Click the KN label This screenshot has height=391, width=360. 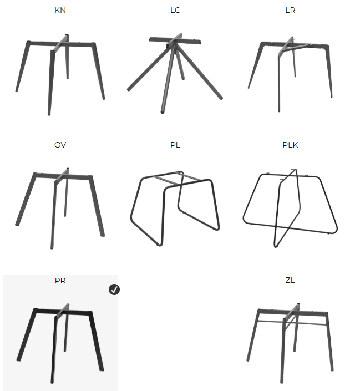[x=60, y=10]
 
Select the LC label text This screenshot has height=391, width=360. [x=175, y=10]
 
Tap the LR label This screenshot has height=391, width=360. [x=290, y=10]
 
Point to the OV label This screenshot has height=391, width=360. [x=60, y=145]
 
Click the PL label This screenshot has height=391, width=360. [x=175, y=145]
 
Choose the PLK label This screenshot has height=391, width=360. [x=290, y=145]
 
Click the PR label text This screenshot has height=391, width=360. [x=60, y=281]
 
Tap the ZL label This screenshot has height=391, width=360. [x=290, y=280]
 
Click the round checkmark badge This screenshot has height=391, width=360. [x=114, y=290]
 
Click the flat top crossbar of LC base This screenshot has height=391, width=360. [x=175, y=40]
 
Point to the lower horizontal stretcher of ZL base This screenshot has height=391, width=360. [x=292, y=323]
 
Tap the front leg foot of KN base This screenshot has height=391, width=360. [x=49, y=114]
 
